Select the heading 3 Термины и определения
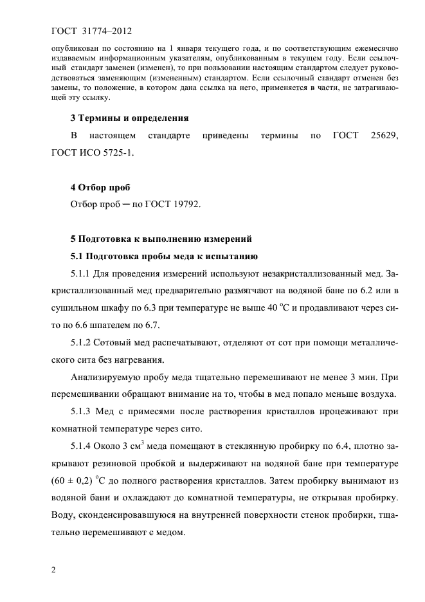(129, 118)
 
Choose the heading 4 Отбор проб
(100, 187)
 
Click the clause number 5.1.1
(81, 274)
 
